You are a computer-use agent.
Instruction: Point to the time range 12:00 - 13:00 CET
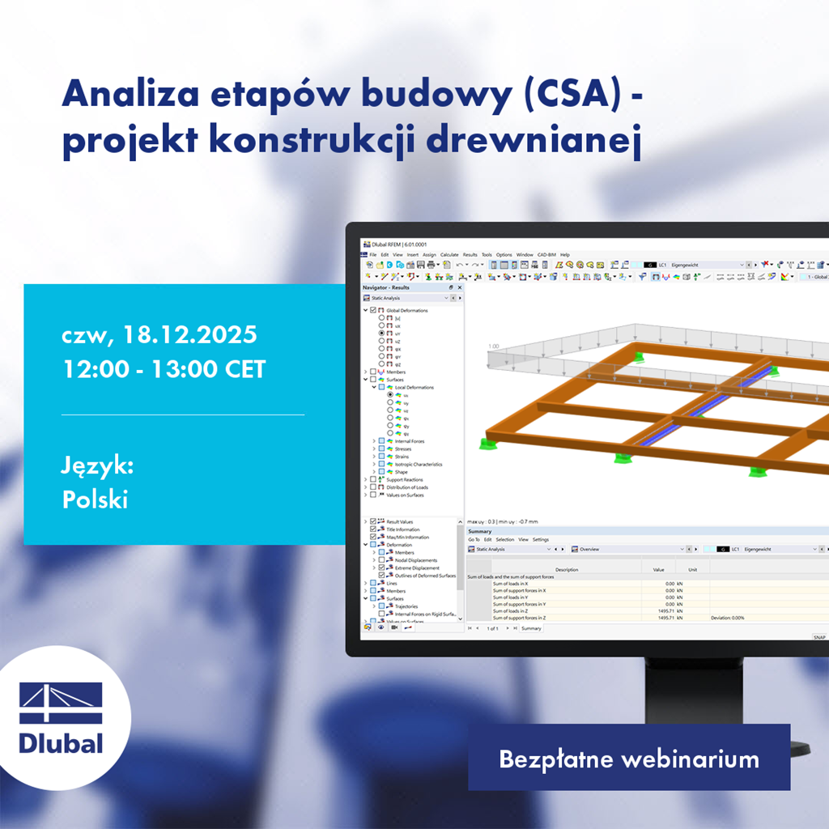[x=164, y=369]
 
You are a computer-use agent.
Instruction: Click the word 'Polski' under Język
[x=95, y=500]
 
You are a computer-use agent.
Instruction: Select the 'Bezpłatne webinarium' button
[x=628, y=759]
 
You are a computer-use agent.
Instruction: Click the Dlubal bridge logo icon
[x=61, y=703]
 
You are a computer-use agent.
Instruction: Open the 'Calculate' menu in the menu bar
[x=449, y=255]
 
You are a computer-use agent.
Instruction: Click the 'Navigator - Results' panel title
[x=386, y=287]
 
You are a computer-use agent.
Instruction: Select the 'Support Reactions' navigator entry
[x=404, y=480]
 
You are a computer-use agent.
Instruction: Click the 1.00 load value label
[x=492, y=346]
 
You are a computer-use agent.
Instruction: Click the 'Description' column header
[x=567, y=569]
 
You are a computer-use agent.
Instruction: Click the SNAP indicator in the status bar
[x=818, y=637]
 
